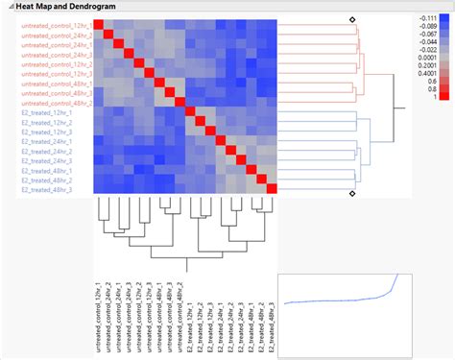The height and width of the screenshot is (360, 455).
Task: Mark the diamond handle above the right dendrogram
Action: pyautogui.click(x=352, y=18)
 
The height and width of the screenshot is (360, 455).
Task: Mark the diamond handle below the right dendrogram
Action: pyautogui.click(x=352, y=194)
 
